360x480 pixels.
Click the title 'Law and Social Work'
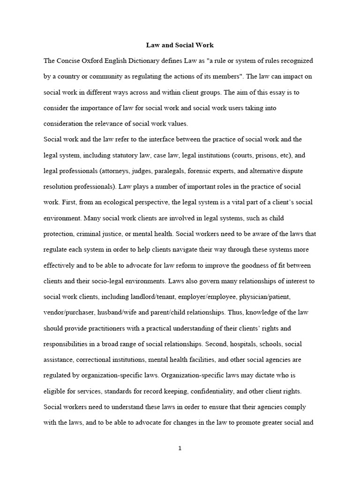tap(180, 45)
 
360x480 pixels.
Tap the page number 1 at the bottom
tap(180, 448)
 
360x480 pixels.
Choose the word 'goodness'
tap(250, 265)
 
